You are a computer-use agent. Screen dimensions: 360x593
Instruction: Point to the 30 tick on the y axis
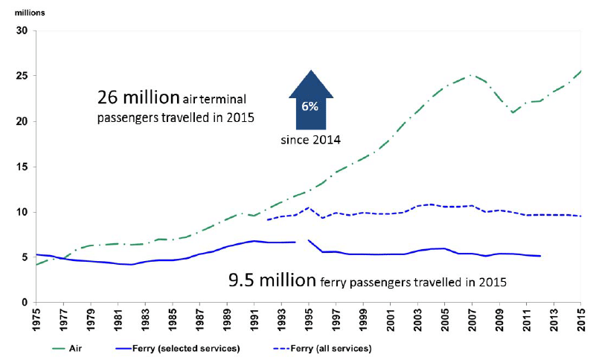(x=21, y=30)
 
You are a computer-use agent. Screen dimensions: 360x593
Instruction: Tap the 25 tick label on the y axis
(x=21, y=76)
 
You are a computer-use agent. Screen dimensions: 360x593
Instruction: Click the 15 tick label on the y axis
(x=21, y=167)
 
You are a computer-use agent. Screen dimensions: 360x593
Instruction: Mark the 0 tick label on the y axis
(x=24, y=303)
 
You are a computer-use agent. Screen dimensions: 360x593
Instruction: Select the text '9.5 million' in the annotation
(x=267, y=282)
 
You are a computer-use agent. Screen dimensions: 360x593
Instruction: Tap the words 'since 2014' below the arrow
(x=310, y=139)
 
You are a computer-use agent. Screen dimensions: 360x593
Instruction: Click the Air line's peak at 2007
(x=470, y=75)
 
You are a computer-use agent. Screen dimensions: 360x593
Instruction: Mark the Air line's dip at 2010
(x=513, y=112)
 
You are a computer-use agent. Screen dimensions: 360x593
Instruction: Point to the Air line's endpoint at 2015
(x=580, y=71)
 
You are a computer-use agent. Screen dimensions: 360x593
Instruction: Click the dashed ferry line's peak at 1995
(x=308, y=208)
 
